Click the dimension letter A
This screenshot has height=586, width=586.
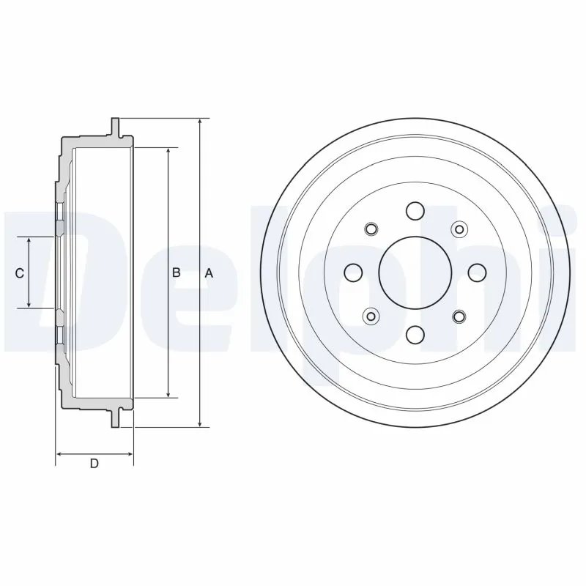click(209, 273)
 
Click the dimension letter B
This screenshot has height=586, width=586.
click(177, 273)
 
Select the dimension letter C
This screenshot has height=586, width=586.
click(20, 273)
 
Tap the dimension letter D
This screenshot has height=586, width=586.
click(94, 463)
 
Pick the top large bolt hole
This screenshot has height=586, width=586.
click(415, 211)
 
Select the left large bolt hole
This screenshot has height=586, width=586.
click(353, 272)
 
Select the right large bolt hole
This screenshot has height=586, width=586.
click(477, 272)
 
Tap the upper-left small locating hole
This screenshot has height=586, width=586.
click(371, 229)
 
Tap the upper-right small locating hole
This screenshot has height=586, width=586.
click(459, 229)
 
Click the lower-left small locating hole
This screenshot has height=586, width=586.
click(371, 316)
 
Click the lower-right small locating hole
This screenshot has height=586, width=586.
click(459, 316)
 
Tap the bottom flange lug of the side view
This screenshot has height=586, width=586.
click(114, 420)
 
